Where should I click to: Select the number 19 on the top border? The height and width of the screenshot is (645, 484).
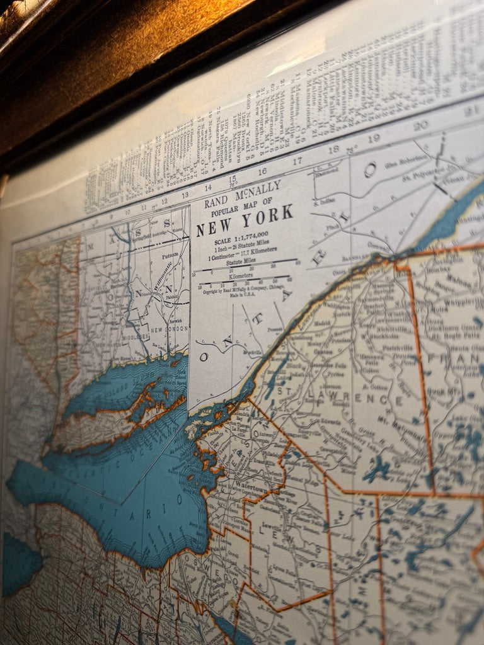tap(373, 138)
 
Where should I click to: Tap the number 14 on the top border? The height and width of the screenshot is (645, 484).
tap(207, 187)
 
